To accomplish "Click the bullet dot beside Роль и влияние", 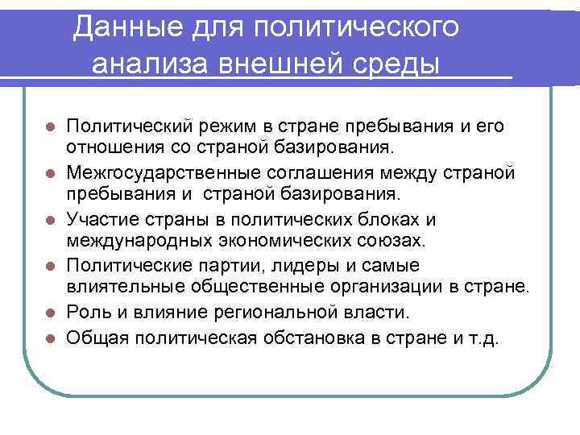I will tap(50, 312).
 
